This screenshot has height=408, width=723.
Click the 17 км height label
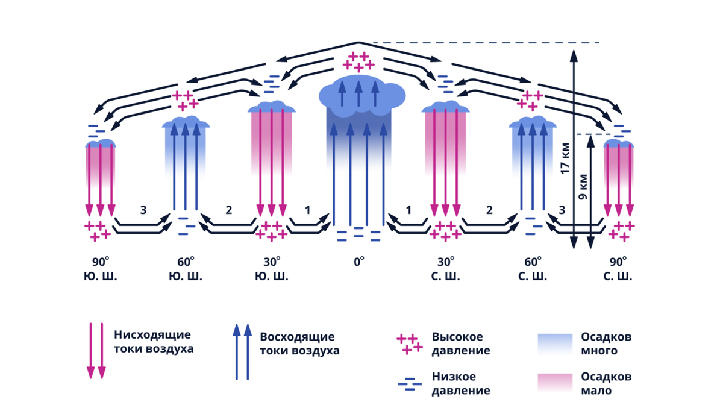coord(565,158)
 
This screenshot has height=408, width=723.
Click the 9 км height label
coord(583,187)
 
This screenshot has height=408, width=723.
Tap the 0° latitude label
coord(359,262)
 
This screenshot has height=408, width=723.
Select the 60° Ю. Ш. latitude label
coord(186,269)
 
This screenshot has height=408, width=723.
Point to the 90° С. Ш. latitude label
coord(618,269)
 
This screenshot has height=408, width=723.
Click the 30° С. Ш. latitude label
coord(445,269)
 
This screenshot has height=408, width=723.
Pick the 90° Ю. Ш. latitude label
coord(101,269)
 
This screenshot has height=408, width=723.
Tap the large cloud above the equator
coord(362,96)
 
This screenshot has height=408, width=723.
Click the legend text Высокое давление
coord(461,344)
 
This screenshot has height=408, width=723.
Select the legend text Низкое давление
coord(461,383)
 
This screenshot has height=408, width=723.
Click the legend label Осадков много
coord(606,344)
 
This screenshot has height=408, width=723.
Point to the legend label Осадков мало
coord(606,383)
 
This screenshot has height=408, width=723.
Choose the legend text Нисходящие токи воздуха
coord(154,342)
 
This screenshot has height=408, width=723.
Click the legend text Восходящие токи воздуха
coord(299,344)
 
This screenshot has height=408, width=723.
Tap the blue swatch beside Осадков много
coord(555,344)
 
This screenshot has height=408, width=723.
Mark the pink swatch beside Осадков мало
coord(555,383)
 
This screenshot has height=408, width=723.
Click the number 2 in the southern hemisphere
coord(228,210)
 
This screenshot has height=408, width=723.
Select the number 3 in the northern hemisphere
coord(562,210)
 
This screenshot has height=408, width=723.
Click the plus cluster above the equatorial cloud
coord(358,61)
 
